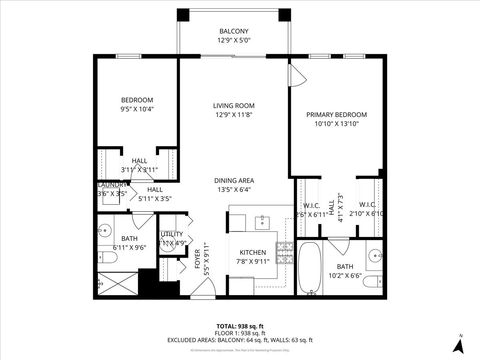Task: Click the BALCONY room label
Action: [x=235, y=32]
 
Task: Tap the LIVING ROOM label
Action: [x=235, y=106]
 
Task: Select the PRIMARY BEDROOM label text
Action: [x=336, y=115]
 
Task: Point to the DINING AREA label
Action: [x=235, y=180]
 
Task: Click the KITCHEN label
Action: [x=252, y=252]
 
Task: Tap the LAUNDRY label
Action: [x=110, y=185]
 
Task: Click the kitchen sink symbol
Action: [x=263, y=219]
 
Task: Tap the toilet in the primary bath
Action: [x=369, y=283]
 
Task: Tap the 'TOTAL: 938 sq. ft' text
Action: [x=239, y=327]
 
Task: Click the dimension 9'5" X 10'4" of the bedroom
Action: [x=137, y=108]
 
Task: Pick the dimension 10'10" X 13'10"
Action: [x=336, y=124]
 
